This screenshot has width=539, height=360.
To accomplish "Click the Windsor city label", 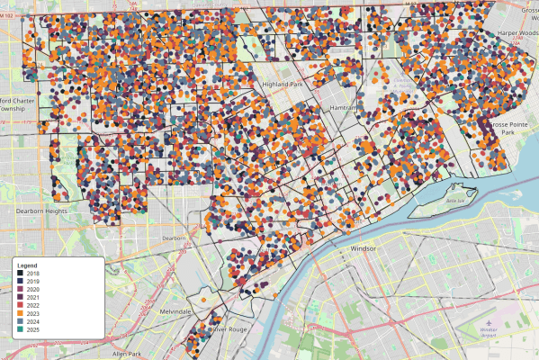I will (x=363, y=247).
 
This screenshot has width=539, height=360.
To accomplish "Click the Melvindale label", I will (x=176, y=310).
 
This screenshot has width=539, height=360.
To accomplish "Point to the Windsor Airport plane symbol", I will (x=487, y=322).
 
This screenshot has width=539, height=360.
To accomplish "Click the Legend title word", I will (x=28, y=266).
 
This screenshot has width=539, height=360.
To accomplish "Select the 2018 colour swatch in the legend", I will (x=21, y=274).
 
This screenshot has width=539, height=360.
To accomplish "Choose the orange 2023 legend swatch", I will (x=21, y=312).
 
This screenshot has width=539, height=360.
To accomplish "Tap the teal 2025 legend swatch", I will (x=21, y=328).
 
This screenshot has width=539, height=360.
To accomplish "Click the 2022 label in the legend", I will (x=33, y=305).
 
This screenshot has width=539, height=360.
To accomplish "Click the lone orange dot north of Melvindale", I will (x=203, y=300).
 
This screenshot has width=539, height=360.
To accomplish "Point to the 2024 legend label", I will (x=33, y=320).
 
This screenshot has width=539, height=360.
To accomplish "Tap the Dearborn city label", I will (x=173, y=238).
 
